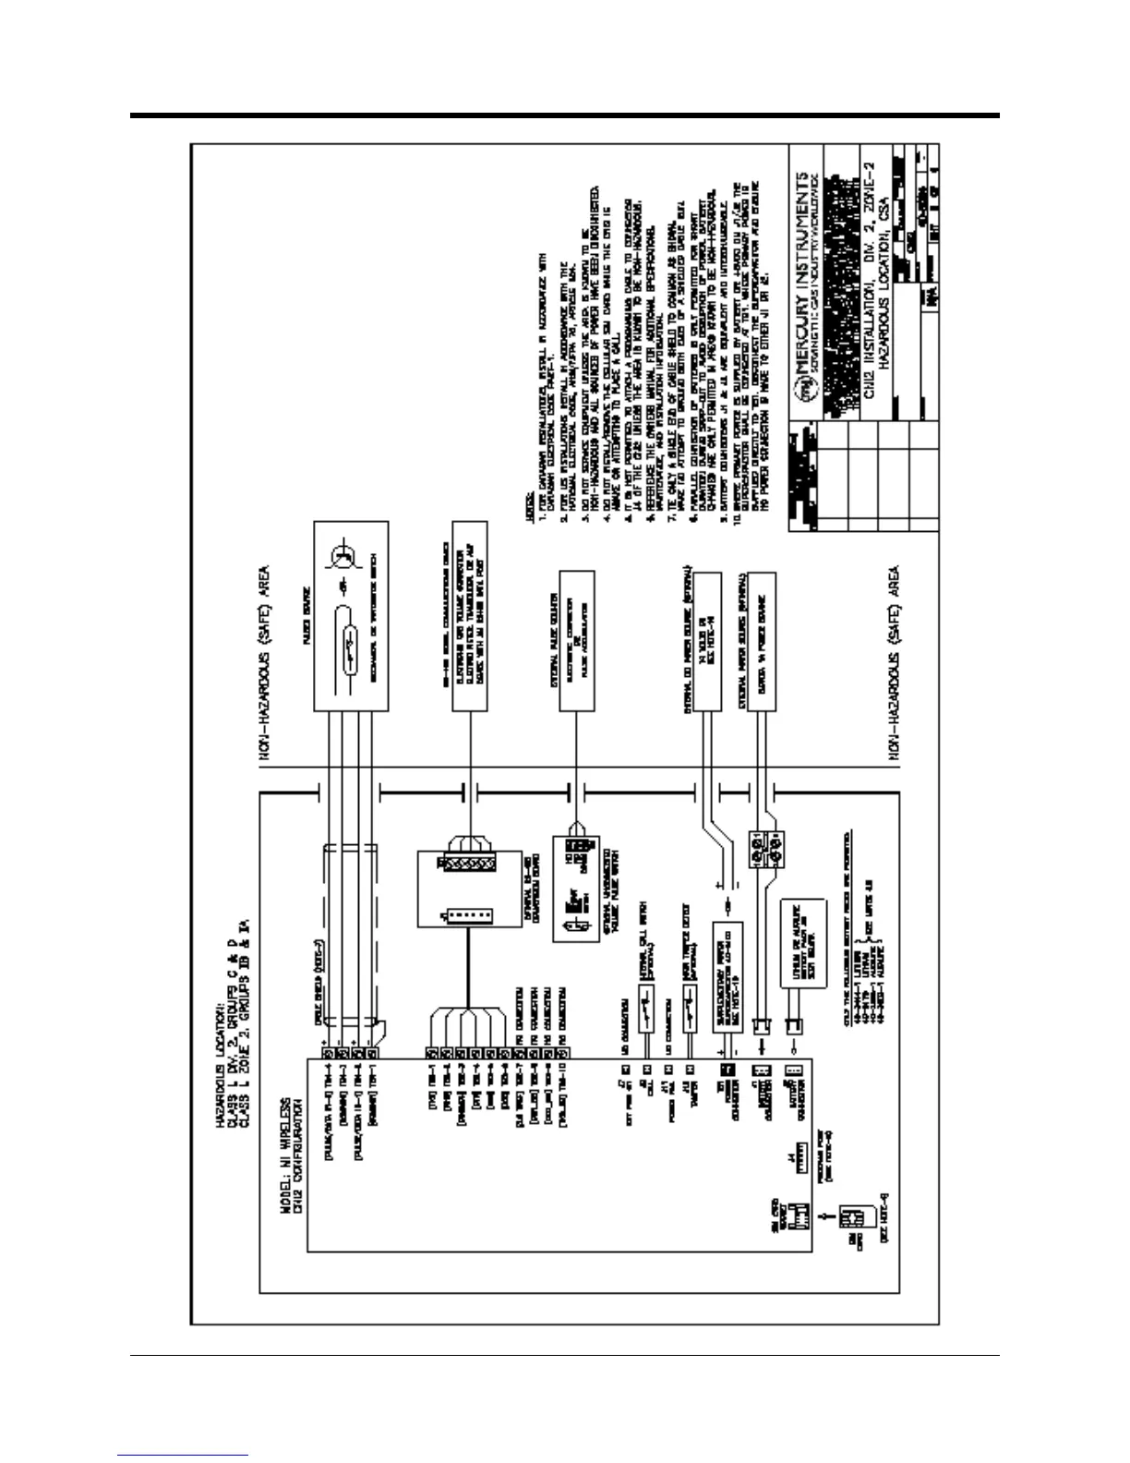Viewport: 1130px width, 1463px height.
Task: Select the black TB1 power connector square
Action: pos(726,1068)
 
